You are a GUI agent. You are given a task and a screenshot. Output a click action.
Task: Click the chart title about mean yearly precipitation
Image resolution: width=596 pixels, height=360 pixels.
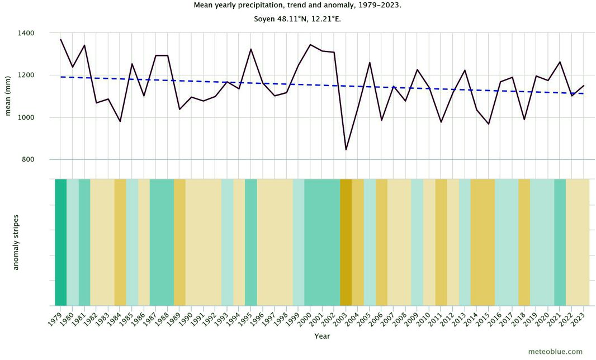[297, 5]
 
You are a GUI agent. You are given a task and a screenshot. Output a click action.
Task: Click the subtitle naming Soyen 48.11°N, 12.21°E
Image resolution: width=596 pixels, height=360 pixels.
[297, 20]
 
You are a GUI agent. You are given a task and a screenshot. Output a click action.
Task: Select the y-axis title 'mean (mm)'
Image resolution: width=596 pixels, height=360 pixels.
[8, 96]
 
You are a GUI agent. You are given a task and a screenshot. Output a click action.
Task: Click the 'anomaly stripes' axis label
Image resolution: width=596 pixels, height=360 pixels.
[16, 241]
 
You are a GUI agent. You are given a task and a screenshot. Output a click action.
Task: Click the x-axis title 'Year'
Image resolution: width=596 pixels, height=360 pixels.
[321, 337]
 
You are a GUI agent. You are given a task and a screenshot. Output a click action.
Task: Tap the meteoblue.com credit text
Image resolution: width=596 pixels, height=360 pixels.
[555, 352]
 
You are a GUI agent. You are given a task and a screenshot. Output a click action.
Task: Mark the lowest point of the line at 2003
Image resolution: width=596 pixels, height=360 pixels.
[346, 150]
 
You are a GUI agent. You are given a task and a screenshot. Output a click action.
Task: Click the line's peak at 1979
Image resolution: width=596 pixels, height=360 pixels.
[60, 39]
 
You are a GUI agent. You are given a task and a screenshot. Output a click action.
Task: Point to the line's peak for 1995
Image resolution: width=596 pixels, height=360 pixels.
[251, 49]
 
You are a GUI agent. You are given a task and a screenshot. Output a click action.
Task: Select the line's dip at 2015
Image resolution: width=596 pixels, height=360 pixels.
[489, 124]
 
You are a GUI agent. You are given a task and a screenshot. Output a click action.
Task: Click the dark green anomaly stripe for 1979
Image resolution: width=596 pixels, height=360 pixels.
[60, 241]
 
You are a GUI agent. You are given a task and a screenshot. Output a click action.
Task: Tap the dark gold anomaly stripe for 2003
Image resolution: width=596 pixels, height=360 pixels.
[346, 241]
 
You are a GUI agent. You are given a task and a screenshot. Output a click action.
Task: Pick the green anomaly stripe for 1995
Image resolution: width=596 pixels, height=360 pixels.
[251, 241]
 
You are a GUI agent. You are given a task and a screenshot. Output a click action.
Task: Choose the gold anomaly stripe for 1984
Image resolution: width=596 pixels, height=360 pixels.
[120, 241]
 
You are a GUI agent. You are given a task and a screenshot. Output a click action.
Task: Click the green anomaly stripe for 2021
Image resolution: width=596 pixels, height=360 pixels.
[560, 241]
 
